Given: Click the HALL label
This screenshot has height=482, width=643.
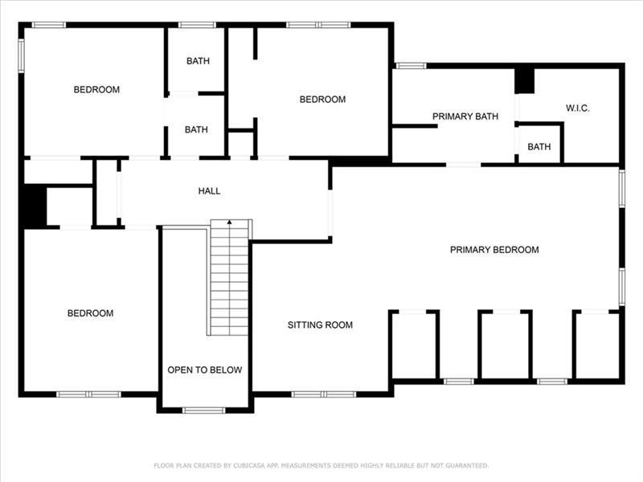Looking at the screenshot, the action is coord(209,190).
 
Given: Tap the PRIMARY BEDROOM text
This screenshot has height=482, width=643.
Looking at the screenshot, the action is coord(494,250).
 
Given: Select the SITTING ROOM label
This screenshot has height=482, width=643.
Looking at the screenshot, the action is coord(320,325).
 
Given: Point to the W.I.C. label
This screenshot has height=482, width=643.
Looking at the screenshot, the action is coord(577,108).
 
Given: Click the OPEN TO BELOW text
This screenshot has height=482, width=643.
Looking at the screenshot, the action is coord(205,370).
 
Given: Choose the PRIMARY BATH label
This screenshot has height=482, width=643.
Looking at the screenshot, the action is coord(465,116).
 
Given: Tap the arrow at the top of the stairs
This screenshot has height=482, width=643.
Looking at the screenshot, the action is coord(230,223).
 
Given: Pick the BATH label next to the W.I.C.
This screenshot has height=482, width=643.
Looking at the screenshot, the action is coord(539,147).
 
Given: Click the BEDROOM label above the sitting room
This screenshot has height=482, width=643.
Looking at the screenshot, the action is coord(322,99).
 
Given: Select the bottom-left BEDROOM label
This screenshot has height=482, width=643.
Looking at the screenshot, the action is coord(90,313).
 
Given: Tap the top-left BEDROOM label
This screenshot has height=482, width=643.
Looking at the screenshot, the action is coord(96,89).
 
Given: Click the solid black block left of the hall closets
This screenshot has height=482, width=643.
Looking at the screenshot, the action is coord(35,206).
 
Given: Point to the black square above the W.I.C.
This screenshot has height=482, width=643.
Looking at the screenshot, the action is coord(525,81).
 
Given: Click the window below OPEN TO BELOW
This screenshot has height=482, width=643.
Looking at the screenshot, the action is coord(204,411).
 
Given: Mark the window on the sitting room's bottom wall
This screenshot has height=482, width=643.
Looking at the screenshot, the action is coord(324,394).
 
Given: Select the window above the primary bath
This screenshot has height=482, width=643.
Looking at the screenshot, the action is coord(411,66).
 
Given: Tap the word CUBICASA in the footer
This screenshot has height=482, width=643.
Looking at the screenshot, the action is coord(249,466).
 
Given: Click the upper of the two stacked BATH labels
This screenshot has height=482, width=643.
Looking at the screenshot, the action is coord(198,61).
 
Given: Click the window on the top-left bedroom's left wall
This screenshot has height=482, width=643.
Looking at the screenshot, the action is coord(22,55).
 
